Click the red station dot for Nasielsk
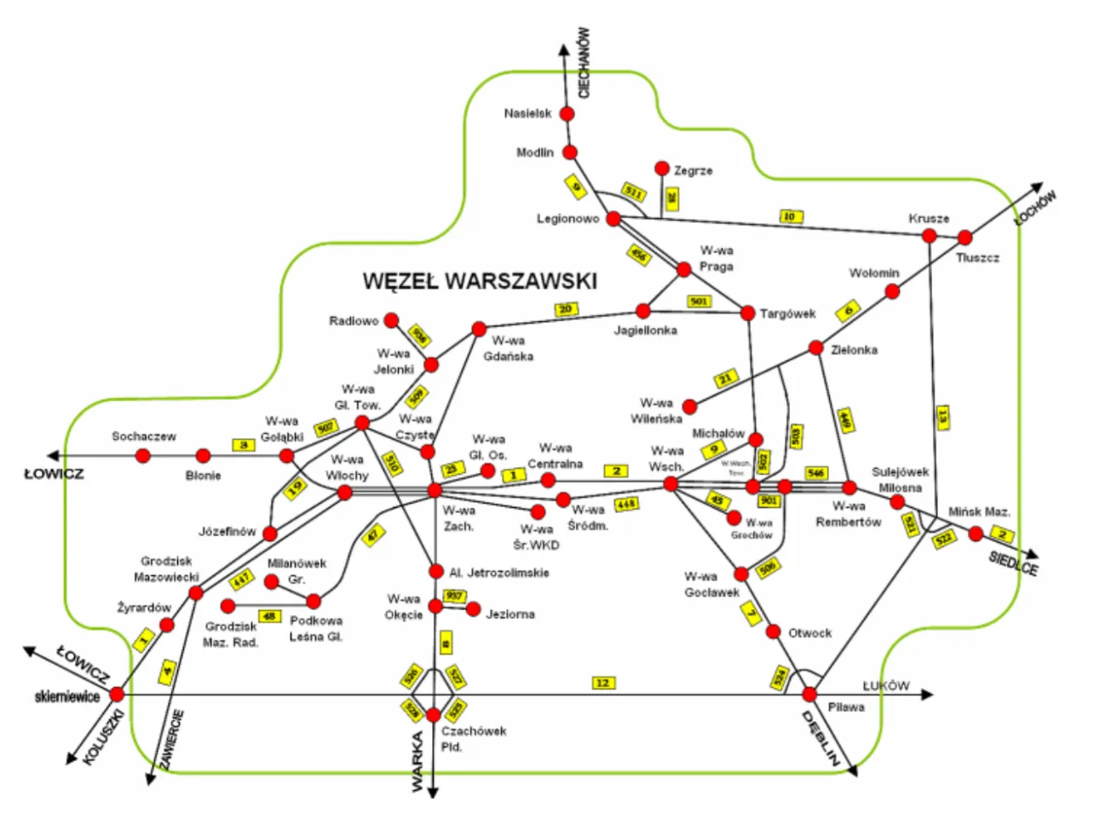click(x=567, y=114)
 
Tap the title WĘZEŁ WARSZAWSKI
click(x=479, y=281)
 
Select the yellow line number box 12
click(x=602, y=682)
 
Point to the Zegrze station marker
click(x=661, y=168)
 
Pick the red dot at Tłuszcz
click(x=965, y=237)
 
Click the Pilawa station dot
click(x=810, y=694)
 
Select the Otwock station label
click(x=811, y=633)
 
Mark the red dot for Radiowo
click(x=392, y=320)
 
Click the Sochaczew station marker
click(x=144, y=455)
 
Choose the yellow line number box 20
click(x=565, y=308)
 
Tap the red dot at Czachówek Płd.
click(x=434, y=716)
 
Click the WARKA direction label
click(x=419, y=762)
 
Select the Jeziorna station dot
click(x=475, y=609)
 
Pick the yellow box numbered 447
click(x=240, y=577)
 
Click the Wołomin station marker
click(x=893, y=292)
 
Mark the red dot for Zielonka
click(x=816, y=347)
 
